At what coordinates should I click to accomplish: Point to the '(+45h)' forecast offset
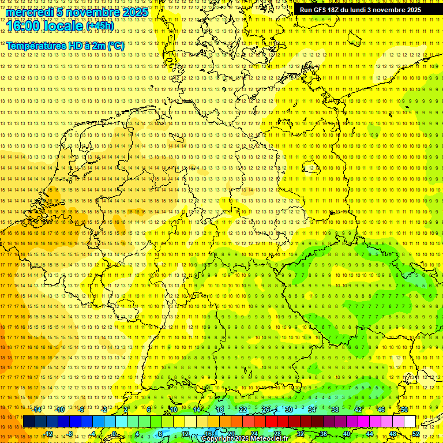[100, 26]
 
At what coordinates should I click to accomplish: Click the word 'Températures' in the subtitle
[37, 46]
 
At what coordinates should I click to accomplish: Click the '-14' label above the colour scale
[37, 410]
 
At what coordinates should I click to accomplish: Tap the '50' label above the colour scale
[404, 410]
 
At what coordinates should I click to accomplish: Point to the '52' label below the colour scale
[416, 434]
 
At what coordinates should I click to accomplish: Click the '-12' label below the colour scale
[48, 434]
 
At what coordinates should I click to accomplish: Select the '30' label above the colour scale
[288, 410]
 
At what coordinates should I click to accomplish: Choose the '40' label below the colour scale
[346, 434]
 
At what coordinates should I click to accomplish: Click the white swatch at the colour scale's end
[410, 422]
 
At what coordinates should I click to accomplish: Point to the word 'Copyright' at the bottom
[217, 439]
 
